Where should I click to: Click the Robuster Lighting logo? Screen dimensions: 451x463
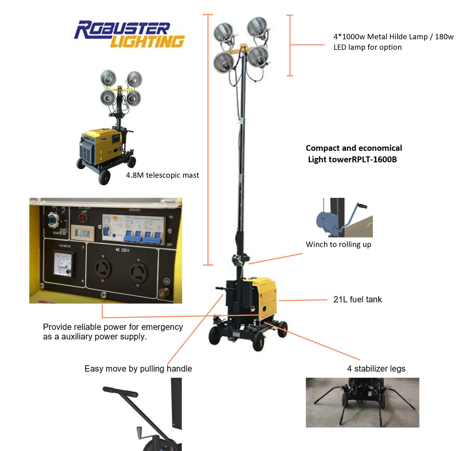pos(130,34)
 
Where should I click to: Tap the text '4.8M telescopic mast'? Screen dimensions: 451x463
pos(162,175)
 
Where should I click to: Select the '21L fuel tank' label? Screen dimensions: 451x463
pos(357,300)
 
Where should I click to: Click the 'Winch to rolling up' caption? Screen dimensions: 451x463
pos(338,245)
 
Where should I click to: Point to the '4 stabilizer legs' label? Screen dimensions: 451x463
pos(376,369)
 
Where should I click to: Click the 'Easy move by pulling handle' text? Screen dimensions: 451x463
pos(138,369)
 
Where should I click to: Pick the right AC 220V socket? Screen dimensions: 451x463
pos(138,272)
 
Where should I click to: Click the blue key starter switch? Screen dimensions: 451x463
pos(53,220)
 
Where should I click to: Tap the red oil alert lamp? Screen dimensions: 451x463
pos(82,218)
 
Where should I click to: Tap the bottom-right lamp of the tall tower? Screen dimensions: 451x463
pos(258,57)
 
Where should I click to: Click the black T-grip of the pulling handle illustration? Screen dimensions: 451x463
pos(120,392)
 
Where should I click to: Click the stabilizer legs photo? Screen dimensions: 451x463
pos(362,402)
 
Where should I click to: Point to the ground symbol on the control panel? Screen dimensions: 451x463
pos(167,281)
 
